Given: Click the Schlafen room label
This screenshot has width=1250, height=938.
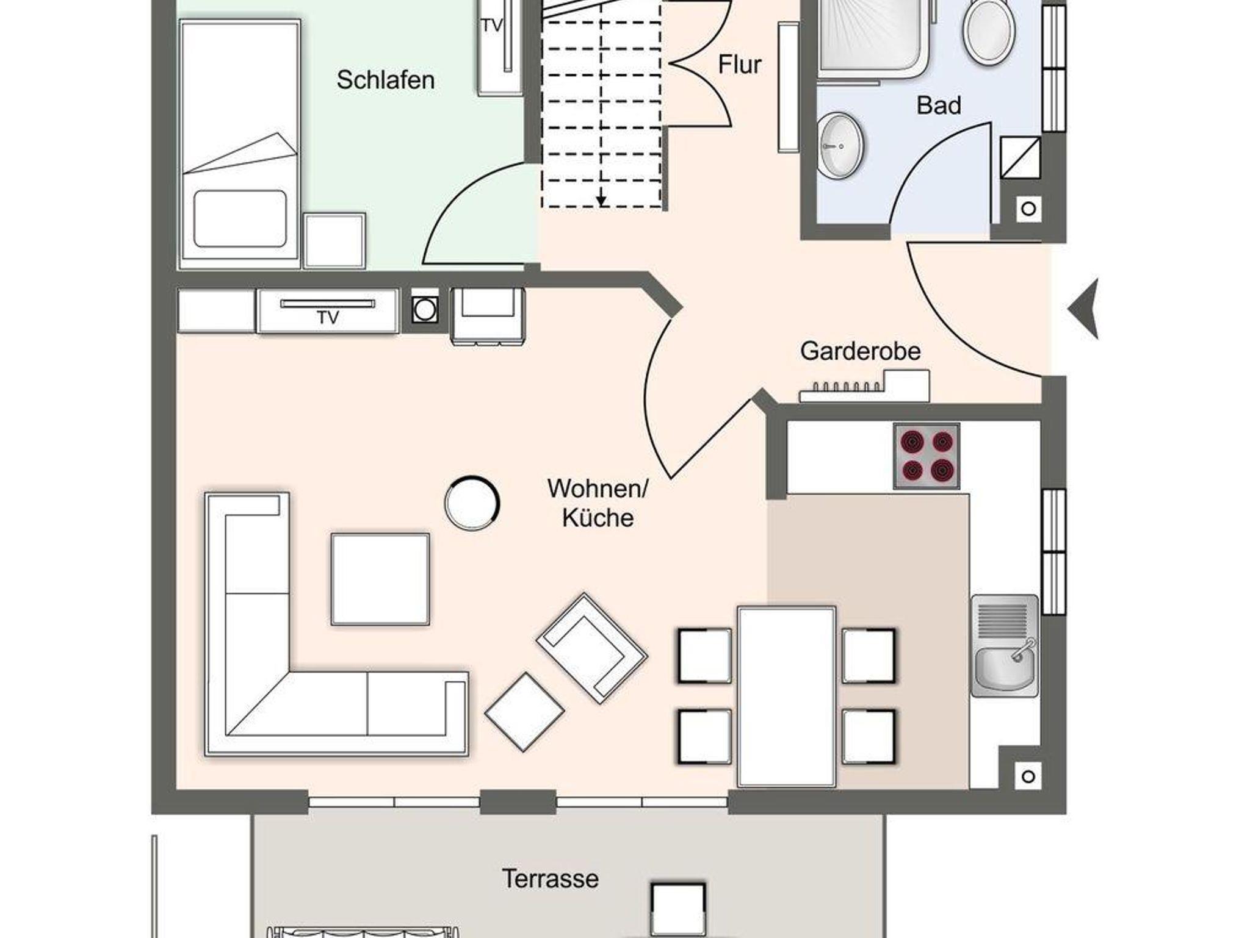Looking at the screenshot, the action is tap(385, 81).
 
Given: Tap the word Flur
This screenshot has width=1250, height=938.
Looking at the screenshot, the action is tap(739, 65).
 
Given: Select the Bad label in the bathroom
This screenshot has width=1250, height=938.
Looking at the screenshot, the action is tap(939, 106).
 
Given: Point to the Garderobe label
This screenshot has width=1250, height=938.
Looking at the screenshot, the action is tap(860, 351).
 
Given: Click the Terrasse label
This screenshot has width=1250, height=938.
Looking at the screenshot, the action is tap(550, 879).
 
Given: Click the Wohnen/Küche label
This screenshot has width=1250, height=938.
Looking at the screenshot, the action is tap(598, 503).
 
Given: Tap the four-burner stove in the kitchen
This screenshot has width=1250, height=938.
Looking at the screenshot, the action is tap(927, 456).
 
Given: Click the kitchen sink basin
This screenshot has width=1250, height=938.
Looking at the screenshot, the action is tap(1004, 670).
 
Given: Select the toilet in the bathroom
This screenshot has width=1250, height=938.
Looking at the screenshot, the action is tap(989, 30).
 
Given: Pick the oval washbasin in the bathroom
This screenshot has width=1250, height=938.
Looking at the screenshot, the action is tap(840, 145).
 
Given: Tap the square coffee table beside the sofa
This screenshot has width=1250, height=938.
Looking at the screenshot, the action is tap(380, 579).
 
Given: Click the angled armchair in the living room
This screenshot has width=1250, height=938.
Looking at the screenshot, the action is tap(591, 648).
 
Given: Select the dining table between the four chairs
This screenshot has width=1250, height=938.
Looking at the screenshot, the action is tap(786, 696).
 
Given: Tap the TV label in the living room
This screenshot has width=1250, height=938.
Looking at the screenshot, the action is tap(328, 318).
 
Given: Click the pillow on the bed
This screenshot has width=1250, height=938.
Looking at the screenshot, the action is tap(240, 218).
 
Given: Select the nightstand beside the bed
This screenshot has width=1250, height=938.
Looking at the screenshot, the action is tap(334, 240).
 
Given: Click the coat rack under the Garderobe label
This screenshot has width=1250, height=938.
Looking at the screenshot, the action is tap(864, 387).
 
